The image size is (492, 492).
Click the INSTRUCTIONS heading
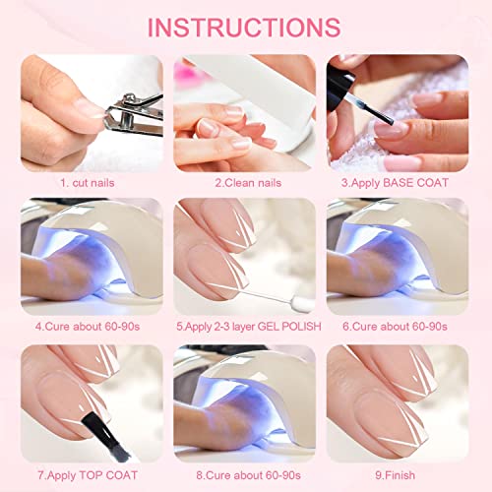(x=244, y=28)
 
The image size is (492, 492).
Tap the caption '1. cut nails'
(x=88, y=183)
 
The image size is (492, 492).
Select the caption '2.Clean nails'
(x=248, y=183)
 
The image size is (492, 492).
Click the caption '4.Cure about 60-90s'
(x=88, y=327)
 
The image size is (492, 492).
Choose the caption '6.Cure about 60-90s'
(x=395, y=327)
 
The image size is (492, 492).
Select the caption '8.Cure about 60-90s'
(x=248, y=475)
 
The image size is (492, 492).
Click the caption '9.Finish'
(x=395, y=475)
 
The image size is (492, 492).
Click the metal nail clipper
(x=134, y=115)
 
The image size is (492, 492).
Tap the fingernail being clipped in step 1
(x=91, y=108)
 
